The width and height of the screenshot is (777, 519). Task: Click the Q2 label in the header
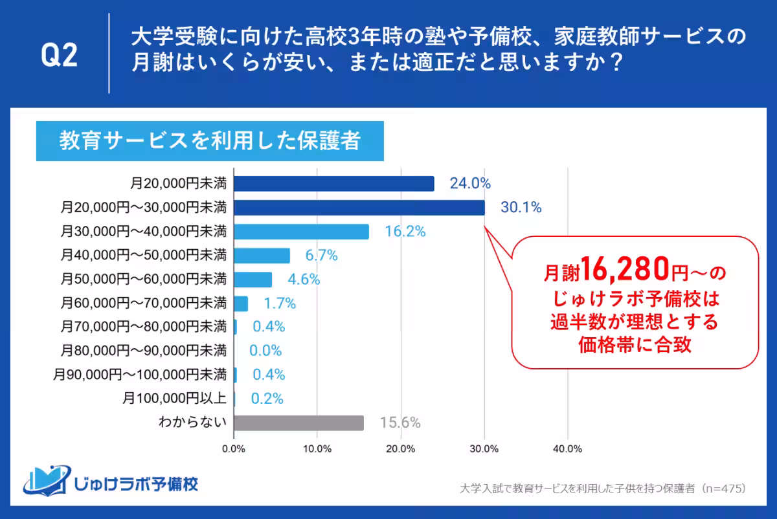click(60, 56)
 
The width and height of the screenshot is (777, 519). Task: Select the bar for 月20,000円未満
click(333, 184)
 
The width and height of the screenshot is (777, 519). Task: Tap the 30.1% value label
click(521, 208)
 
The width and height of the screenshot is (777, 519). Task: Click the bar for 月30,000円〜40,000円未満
click(301, 232)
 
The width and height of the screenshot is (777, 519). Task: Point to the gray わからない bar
click(298, 423)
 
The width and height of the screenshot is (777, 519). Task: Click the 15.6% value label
click(400, 423)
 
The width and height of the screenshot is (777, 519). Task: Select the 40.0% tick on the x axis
click(568, 448)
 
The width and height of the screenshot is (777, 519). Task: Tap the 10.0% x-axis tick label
click(317, 448)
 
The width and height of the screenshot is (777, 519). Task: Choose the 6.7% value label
click(321, 256)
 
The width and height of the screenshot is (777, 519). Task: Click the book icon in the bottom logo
click(45, 480)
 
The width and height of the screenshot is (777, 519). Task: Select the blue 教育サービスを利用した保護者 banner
click(210, 141)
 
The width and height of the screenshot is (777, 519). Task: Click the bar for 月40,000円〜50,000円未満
click(262, 256)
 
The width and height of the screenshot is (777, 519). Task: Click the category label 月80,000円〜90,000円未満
click(144, 351)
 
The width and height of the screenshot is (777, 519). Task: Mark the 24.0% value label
click(470, 184)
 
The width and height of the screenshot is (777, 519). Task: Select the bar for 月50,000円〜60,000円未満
click(253, 280)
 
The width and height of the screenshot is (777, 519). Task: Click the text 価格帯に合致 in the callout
click(635, 345)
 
